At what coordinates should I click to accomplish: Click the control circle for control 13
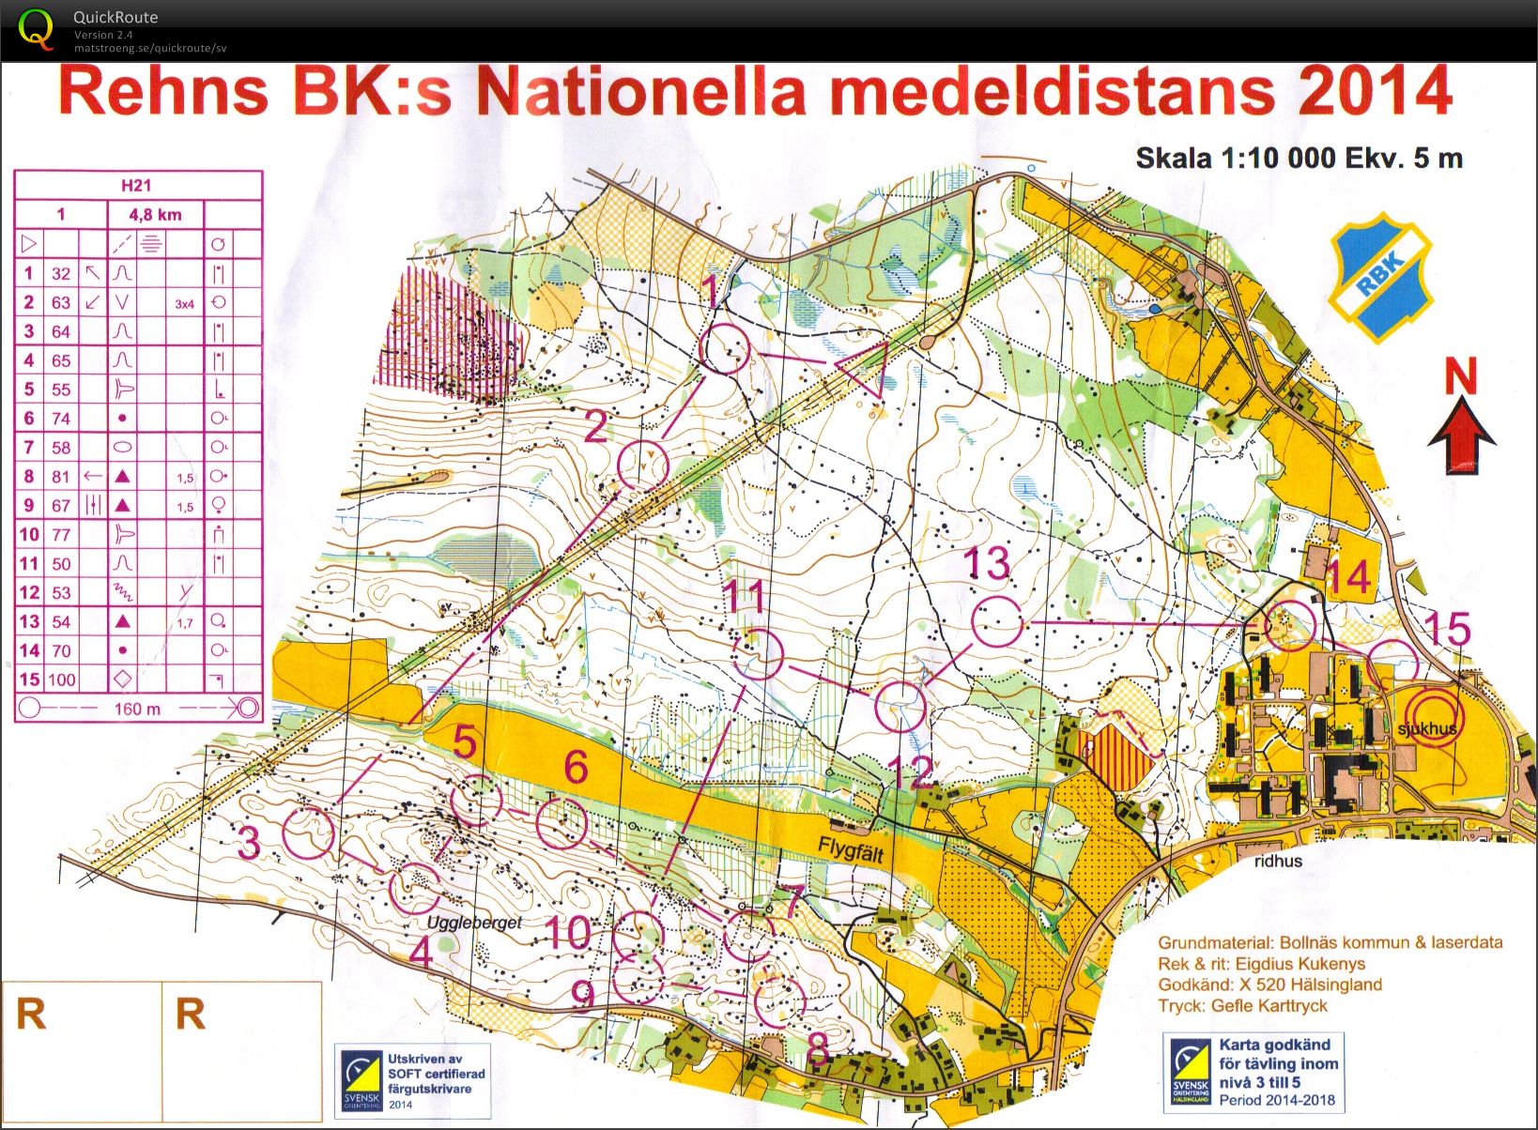(996, 622)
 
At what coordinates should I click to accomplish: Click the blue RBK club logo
(1379, 276)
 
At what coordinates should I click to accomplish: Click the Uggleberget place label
(474, 923)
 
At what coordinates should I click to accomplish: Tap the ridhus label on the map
(1278, 861)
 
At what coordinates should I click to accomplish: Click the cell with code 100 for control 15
(62, 680)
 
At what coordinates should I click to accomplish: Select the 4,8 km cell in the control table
(155, 214)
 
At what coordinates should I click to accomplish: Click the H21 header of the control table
(137, 185)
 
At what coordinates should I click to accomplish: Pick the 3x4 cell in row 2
(184, 303)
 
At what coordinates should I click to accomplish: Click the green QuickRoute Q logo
(36, 28)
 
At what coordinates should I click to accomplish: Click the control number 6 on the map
(576, 768)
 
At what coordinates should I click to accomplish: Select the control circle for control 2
(643, 465)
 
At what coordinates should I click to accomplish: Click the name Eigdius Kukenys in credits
(1300, 964)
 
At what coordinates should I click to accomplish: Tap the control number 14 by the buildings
(1348, 577)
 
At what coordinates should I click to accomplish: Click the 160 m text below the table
(137, 709)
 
